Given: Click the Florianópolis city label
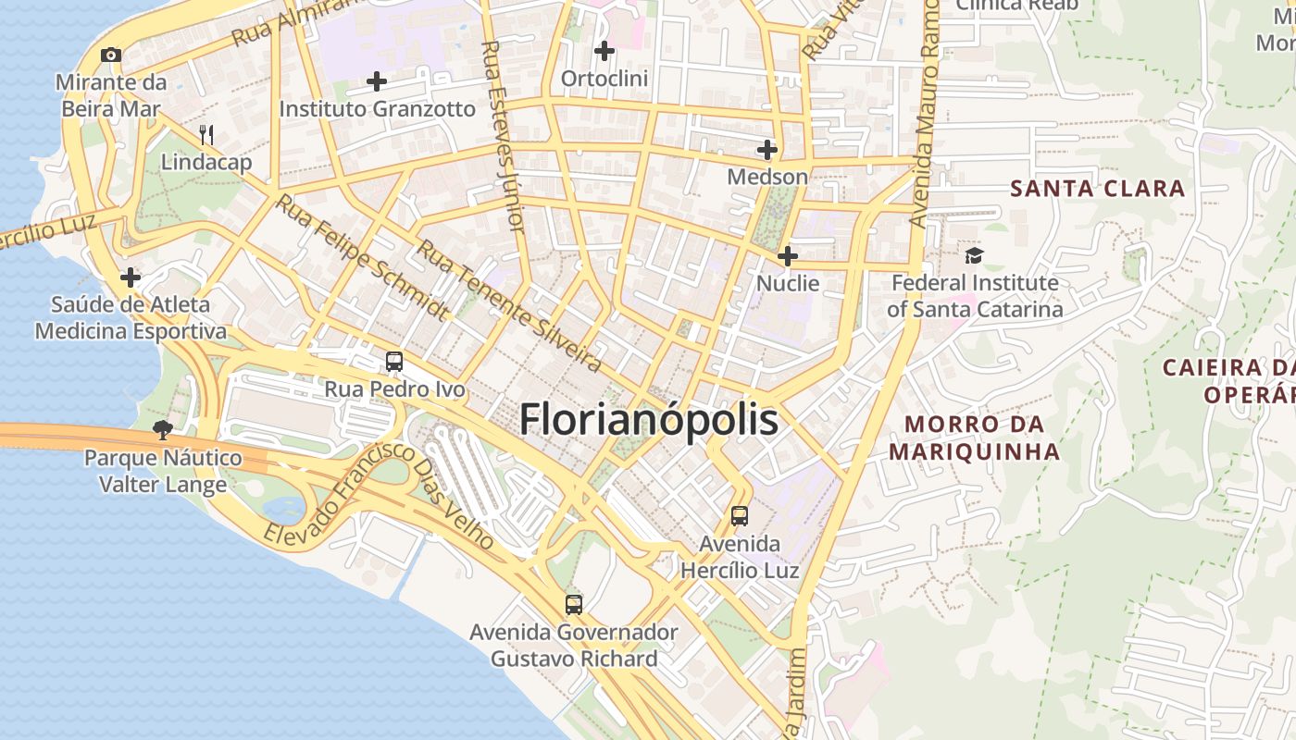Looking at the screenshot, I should pos(648,420).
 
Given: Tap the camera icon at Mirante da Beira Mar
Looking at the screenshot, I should pos(111,55).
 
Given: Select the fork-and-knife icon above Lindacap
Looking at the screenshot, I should pos(206,135).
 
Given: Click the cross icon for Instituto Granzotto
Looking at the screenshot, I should pos(377,81).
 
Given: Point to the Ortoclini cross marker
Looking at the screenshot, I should pos(604,51).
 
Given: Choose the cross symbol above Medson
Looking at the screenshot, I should pos(767,149).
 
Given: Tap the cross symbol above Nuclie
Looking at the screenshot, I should pos(788,255).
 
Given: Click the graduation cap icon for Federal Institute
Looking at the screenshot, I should pos(974,255).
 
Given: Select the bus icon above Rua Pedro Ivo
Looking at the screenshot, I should pos(394,362).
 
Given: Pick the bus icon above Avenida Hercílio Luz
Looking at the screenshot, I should pos(739,516).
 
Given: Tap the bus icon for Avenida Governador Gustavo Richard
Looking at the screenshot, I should pos(574,605).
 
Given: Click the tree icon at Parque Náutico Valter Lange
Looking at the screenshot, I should pos(163,429).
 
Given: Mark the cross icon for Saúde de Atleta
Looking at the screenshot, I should pos(131,277).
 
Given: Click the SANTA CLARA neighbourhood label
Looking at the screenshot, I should pos(1097,189).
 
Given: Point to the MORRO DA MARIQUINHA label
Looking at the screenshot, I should pos(974,438).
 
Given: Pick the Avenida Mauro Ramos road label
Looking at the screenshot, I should pos(926,120).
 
